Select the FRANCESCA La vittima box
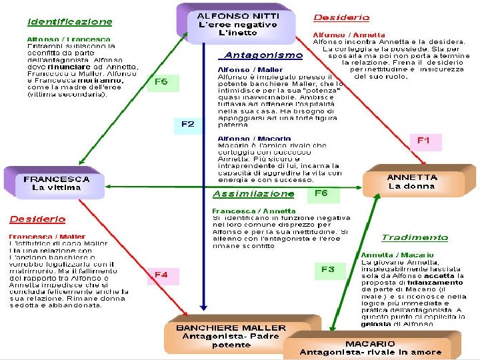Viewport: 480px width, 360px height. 57,183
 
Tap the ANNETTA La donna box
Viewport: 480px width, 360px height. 412,182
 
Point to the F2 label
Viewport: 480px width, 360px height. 188,124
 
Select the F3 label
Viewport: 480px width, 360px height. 328,269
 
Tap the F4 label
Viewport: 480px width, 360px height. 161,274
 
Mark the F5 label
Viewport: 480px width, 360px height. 161,82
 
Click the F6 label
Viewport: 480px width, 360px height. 321,193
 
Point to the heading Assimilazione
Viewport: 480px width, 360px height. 253,194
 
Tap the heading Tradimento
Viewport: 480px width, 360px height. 415,237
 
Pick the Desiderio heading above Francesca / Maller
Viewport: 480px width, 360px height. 37,219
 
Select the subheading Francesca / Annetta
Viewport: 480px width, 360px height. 245,211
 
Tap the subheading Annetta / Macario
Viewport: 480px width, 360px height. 397,255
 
